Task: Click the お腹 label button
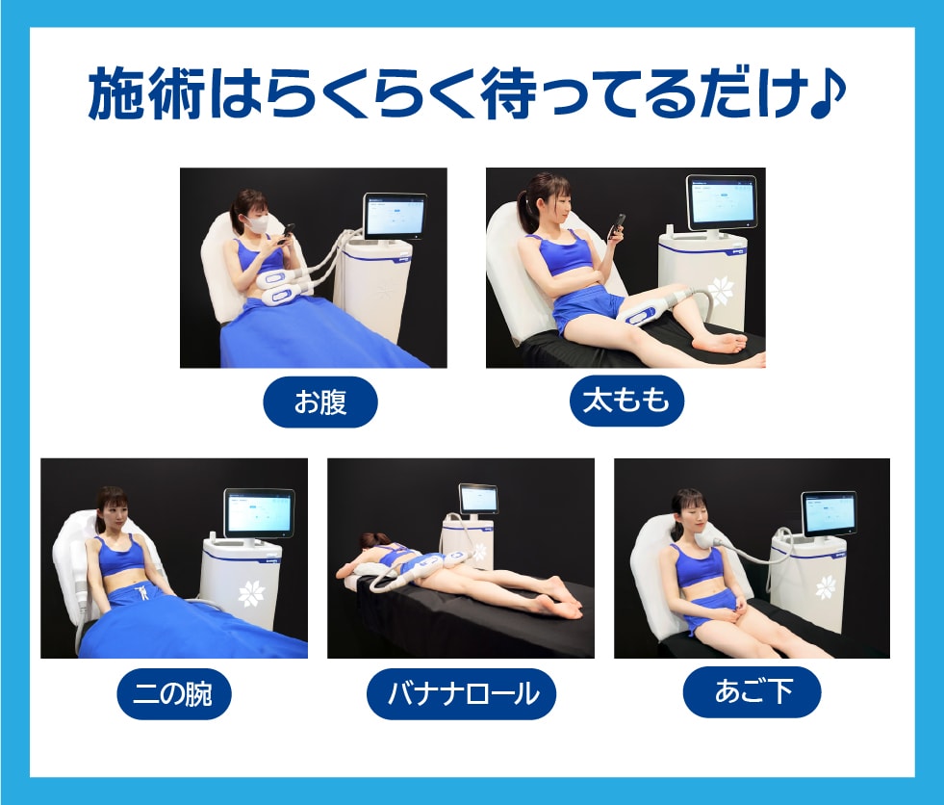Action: tap(320, 402)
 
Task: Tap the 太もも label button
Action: tap(626, 401)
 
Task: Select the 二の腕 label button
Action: tap(174, 693)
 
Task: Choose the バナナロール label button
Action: tap(461, 693)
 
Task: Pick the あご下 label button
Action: tap(752, 691)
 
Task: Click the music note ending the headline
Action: tap(828, 93)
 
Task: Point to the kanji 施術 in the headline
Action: tap(147, 93)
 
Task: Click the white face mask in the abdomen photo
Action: tap(257, 224)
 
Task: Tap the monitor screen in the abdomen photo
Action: tap(395, 216)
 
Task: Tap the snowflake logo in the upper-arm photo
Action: tap(251, 593)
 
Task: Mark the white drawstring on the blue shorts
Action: tap(144, 591)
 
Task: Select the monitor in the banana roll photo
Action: tap(478, 499)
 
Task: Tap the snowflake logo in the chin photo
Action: tap(826, 587)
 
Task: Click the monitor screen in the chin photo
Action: tap(829, 513)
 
